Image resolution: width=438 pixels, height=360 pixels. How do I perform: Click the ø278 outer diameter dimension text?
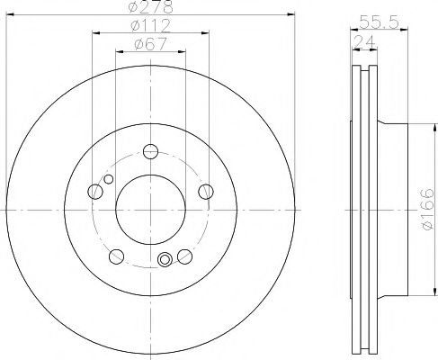150,7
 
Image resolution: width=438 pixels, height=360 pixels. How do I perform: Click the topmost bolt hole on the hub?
150,150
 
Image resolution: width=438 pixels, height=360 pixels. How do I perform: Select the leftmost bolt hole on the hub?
94,190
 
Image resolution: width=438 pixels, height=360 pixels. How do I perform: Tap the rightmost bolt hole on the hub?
206,190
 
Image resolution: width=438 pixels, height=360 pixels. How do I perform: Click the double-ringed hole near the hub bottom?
165,262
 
